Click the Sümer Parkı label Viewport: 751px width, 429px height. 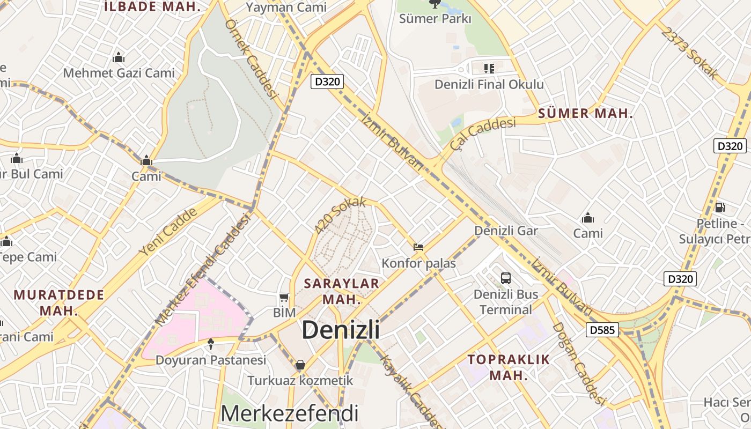pos(435,19)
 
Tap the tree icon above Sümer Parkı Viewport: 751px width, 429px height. pos(435,4)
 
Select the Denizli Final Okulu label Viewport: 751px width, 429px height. pos(489,84)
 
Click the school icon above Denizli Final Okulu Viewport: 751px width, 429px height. pos(489,68)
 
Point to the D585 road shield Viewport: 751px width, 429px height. pos(602,330)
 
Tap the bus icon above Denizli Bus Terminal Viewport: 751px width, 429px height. pos(506,278)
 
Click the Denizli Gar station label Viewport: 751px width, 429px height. pos(506,231)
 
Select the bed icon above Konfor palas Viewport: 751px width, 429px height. pos(418,247)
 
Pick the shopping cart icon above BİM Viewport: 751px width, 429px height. pos(284,297)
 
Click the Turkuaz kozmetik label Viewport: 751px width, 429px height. pos(300,381)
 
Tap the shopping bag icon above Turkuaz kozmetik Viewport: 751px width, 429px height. pos(300,365)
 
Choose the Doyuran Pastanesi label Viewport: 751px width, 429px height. pos(211,360)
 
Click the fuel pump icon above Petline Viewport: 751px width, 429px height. pos(720,208)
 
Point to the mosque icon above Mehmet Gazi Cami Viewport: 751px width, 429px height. pos(119,57)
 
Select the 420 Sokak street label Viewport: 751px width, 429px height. pos(340,215)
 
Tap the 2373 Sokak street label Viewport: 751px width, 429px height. pos(689,53)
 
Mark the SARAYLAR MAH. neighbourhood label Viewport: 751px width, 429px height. pos(342,291)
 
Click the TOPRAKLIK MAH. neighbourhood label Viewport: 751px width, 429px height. pos(509,367)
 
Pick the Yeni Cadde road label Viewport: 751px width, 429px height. pos(167,231)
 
